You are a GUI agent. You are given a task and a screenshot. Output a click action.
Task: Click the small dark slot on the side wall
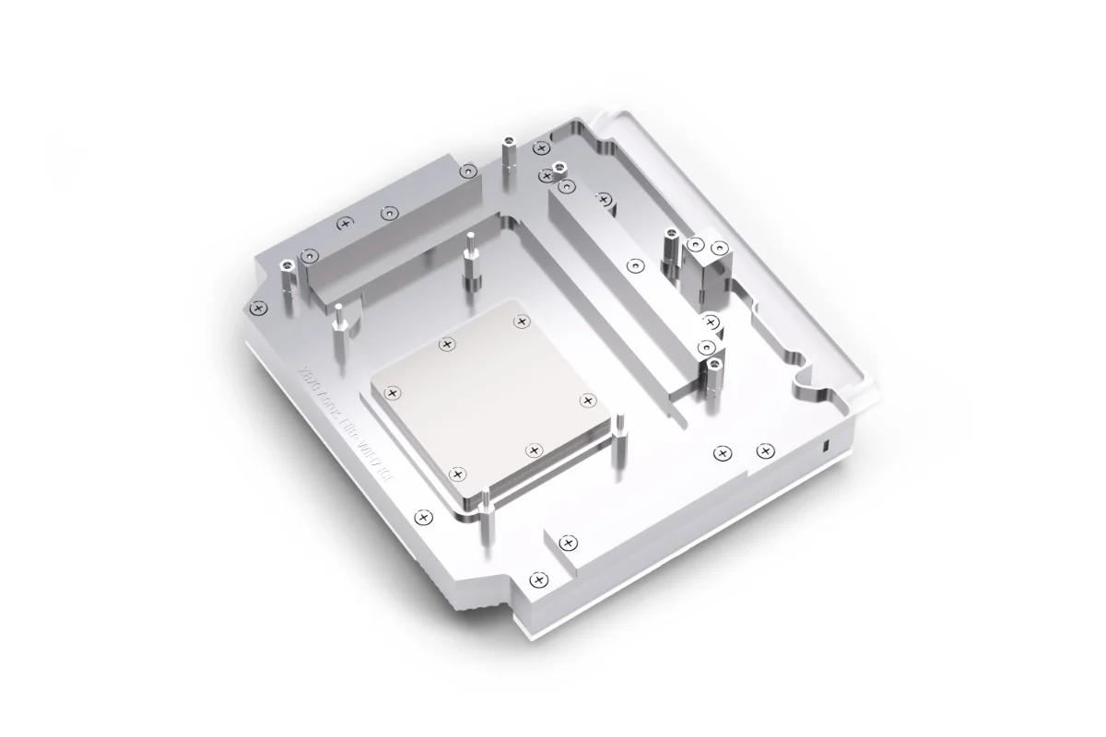pyautogui.click(x=825, y=446)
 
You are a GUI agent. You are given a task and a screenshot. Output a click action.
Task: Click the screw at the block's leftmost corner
pyautogui.click(x=259, y=308)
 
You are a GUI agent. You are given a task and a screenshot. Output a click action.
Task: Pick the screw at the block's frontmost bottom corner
pyautogui.click(x=539, y=579)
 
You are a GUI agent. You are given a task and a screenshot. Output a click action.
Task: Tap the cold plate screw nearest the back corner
pyautogui.click(x=523, y=322)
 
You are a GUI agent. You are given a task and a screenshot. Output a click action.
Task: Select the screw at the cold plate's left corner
pyautogui.click(x=394, y=393)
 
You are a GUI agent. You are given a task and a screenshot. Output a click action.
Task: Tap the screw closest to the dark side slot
pyautogui.click(x=765, y=450)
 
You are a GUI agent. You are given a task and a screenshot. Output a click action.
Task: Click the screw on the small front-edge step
pyautogui.click(x=569, y=543)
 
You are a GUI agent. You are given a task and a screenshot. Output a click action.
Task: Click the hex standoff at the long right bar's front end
pyautogui.click(x=715, y=378)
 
